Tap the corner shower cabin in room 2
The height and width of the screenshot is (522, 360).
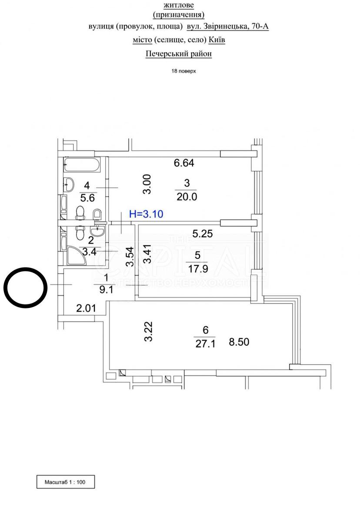pyautogui.click(x=77, y=256)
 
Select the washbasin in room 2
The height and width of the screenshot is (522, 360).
pyautogui.click(x=97, y=231)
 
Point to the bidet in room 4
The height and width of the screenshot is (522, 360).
pyautogui.click(x=97, y=214)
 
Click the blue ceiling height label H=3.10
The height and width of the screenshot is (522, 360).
pyautogui.click(x=146, y=214)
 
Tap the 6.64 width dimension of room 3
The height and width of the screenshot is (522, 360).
pyautogui.click(x=184, y=163)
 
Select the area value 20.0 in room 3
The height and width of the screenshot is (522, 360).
pyautogui.click(x=187, y=197)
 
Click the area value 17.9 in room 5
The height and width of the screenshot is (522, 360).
pyautogui.click(x=198, y=269)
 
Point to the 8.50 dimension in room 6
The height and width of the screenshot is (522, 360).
pyautogui.click(x=239, y=342)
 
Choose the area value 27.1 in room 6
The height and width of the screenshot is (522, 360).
pyautogui.click(x=205, y=344)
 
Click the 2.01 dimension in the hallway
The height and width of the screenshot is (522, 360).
pyautogui.click(x=86, y=308)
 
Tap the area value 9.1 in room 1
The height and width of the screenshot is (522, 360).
pyautogui.click(x=106, y=290)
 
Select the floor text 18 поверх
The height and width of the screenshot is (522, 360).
pyautogui.click(x=184, y=71)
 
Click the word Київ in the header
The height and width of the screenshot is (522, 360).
pyautogui.click(x=217, y=40)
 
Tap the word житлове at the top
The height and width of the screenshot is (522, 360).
pyautogui.click(x=179, y=5)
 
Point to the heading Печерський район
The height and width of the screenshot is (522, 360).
pyautogui.click(x=179, y=54)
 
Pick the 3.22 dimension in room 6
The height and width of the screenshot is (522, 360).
pyautogui.click(x=148, y=331)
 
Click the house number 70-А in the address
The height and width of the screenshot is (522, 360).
pyautogui.click(x=260, y=27)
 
